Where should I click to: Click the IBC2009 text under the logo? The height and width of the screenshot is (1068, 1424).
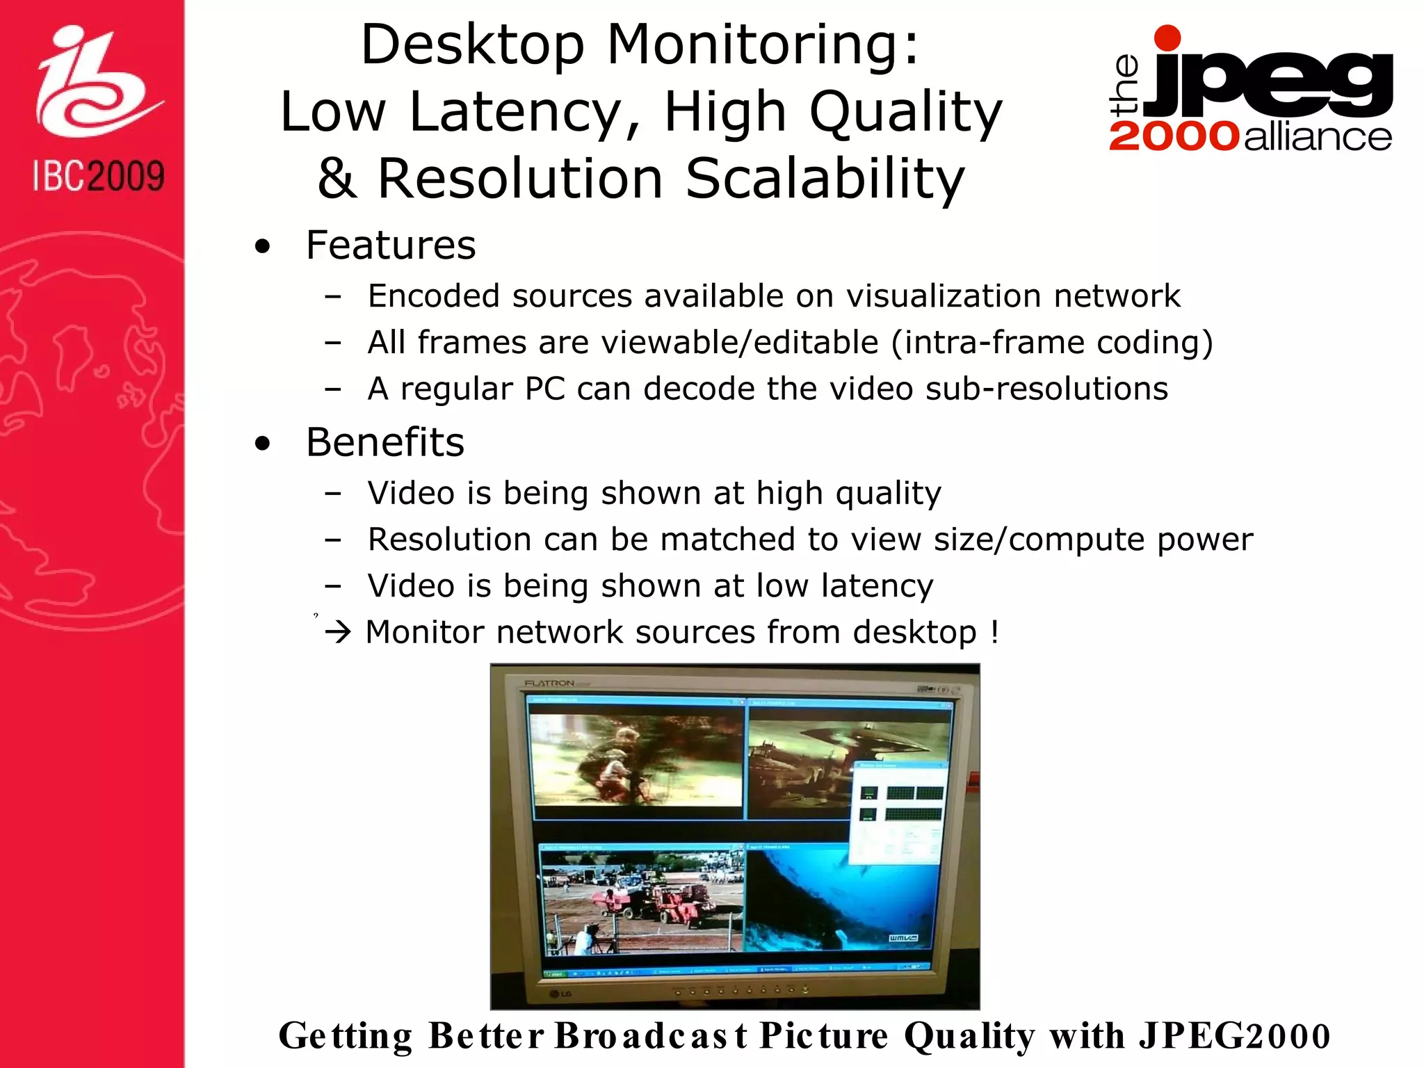(99, 176)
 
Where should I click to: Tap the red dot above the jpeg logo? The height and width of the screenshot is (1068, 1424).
(1167, 38)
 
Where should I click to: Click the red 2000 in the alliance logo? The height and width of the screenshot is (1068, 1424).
(1174, 136)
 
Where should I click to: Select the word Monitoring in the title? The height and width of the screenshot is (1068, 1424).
(763, 44)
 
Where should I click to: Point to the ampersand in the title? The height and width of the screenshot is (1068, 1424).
(337, 178)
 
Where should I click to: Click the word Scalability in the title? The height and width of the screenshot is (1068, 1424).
(825, 178)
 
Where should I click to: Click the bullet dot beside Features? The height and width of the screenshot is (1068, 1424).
(262, 246)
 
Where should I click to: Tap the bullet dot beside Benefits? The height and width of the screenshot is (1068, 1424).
(262, 444)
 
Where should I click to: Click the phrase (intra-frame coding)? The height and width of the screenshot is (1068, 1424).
(1051, 343)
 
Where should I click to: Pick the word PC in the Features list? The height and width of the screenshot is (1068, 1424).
(545, 389)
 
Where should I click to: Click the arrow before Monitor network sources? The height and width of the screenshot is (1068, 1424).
(339, 633)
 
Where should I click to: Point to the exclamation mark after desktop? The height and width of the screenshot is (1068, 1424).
(995, 631)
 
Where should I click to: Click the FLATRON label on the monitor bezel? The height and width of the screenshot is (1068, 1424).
(549, 683)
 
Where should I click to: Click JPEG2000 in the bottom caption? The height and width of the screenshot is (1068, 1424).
(1234, 1036)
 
